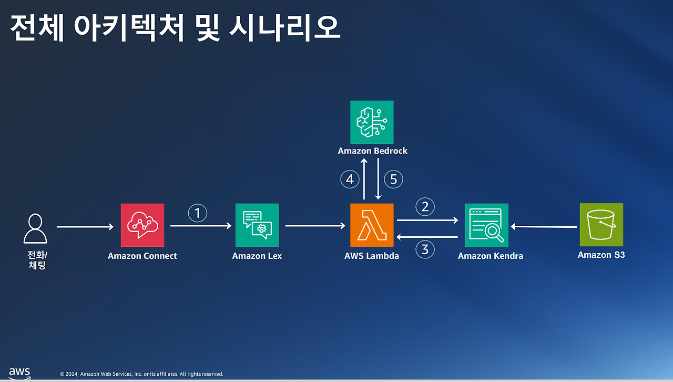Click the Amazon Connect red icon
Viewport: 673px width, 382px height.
pos(142,225)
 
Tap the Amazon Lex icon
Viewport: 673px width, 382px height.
pos(257,225)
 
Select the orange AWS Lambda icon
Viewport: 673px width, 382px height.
pos(372,225)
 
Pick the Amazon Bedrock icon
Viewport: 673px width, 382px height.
pos(372,122)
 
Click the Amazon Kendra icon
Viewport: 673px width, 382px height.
pos(486,225)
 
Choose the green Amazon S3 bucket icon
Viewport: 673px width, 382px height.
pos(601,225)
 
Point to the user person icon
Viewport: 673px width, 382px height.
pos(35,229)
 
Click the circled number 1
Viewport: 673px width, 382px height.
pos(198,213)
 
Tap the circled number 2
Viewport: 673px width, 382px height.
pos(425,207)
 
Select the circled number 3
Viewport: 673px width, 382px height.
pos(425,249)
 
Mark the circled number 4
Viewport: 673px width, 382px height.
pos(350,179)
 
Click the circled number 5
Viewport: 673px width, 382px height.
pos(393,179)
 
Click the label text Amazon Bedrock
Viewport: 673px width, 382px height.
pos(372,151)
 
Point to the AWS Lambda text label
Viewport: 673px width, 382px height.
pos(372,256)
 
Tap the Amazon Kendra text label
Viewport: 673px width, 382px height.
pos(490,256)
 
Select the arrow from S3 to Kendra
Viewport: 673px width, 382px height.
pos(544,227)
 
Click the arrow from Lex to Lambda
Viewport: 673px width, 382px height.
pos(315,226)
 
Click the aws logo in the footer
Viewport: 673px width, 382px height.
pos(19,373)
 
